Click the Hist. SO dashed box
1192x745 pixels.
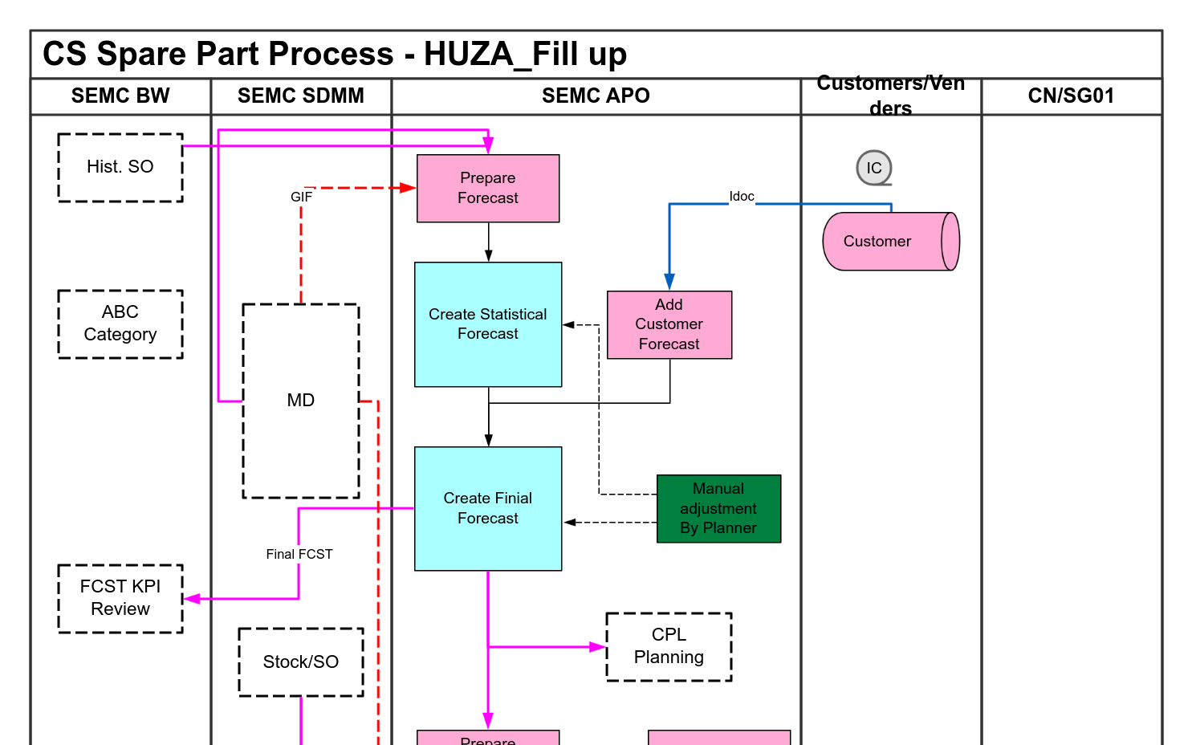coord(120,167)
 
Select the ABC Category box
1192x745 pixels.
coord(120,324)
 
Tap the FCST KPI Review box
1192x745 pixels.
coord(120,598)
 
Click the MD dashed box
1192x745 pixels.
coord(301,401)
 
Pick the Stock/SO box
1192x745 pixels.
coord(301,662)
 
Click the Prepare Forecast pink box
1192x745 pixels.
coord(488,188)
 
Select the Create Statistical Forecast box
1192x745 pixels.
coord(488,324)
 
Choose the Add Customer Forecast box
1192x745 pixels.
coord(669,324)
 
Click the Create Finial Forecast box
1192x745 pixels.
coord(488,508)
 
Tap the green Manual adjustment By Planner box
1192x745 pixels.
coord(718,508)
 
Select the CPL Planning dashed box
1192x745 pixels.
coord(669,646)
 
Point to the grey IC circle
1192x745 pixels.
coord(874,168)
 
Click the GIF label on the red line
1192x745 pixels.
coord(301,197)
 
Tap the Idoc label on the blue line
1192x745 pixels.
coord(742,197)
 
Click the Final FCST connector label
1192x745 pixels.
coord(299,554)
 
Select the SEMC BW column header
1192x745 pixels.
coord(120,96)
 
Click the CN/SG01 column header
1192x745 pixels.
coord(1071,96)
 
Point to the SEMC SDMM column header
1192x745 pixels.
coord(301,96)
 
